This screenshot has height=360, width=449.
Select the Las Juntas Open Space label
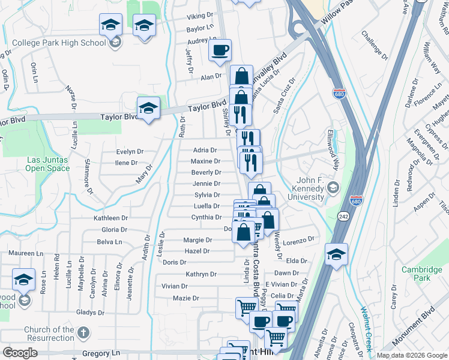click(47, 164)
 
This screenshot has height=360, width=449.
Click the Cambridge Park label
click(421, 274)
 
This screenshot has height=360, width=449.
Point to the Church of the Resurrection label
click(49, 334)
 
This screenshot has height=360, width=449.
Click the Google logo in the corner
click(20, 353)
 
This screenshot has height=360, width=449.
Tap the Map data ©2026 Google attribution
click(411, 355)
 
